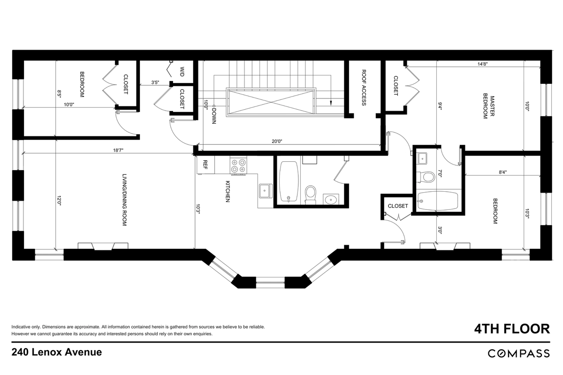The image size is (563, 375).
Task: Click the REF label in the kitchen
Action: tap(205, 165)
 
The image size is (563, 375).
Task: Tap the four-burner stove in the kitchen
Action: tap(238, 165)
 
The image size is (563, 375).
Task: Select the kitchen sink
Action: tap(266, 191)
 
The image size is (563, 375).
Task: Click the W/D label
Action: tap(182, 71)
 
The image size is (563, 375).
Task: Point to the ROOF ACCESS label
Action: tap(364, 88)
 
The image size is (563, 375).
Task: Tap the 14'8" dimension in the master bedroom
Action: tap(483, 64)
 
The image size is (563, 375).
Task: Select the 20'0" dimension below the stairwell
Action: tap(277, 142)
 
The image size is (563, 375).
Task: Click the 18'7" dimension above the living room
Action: tap(118, 150)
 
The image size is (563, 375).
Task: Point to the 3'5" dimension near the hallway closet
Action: tap(155, 82)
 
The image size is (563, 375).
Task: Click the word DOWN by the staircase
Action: tap(214, 116)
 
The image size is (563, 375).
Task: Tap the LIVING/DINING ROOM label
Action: tap(124, 200)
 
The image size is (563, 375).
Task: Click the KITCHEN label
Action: tap(228, 191)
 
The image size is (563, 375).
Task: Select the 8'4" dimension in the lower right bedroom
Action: tap(502, 172)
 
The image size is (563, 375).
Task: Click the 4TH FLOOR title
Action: tap(512, 329)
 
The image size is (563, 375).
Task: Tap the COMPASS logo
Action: tap(519, 353)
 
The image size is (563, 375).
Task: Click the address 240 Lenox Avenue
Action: tap(57, 352)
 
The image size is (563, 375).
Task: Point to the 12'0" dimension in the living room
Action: tap(59, 201)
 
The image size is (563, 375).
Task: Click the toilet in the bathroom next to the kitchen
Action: tap(311, 195)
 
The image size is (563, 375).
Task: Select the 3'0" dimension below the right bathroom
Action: tap(440, 230)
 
